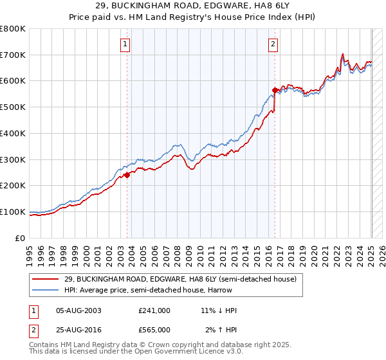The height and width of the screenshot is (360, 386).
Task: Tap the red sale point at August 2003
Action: point(127,174)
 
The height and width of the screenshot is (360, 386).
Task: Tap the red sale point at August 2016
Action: point(275,90)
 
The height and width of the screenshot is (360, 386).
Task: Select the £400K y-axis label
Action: point(14,133)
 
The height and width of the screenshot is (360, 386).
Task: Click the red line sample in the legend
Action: point(46,279)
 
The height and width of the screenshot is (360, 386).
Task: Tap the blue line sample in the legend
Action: point(46,290)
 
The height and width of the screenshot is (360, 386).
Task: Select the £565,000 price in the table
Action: point(154,330)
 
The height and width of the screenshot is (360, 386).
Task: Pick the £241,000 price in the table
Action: point(154,310)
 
